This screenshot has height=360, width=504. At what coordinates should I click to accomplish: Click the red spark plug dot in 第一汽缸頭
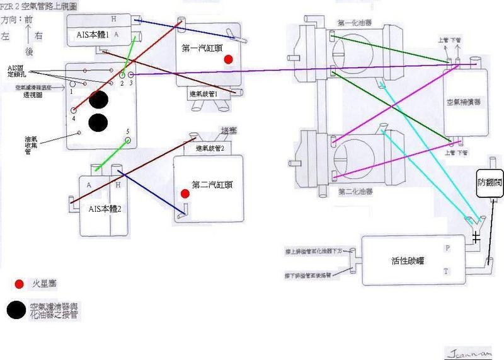[228, 59]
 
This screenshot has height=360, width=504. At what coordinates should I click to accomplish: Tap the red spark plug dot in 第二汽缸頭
[184, 194]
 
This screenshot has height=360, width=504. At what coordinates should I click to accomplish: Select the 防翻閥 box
[488, 182]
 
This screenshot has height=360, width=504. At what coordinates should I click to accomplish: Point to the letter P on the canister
[447, 248]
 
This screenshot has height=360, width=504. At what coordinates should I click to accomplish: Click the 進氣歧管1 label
[203, 93]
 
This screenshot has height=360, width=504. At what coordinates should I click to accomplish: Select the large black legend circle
[17, 310]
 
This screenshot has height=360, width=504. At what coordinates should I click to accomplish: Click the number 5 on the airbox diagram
[127, 132]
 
